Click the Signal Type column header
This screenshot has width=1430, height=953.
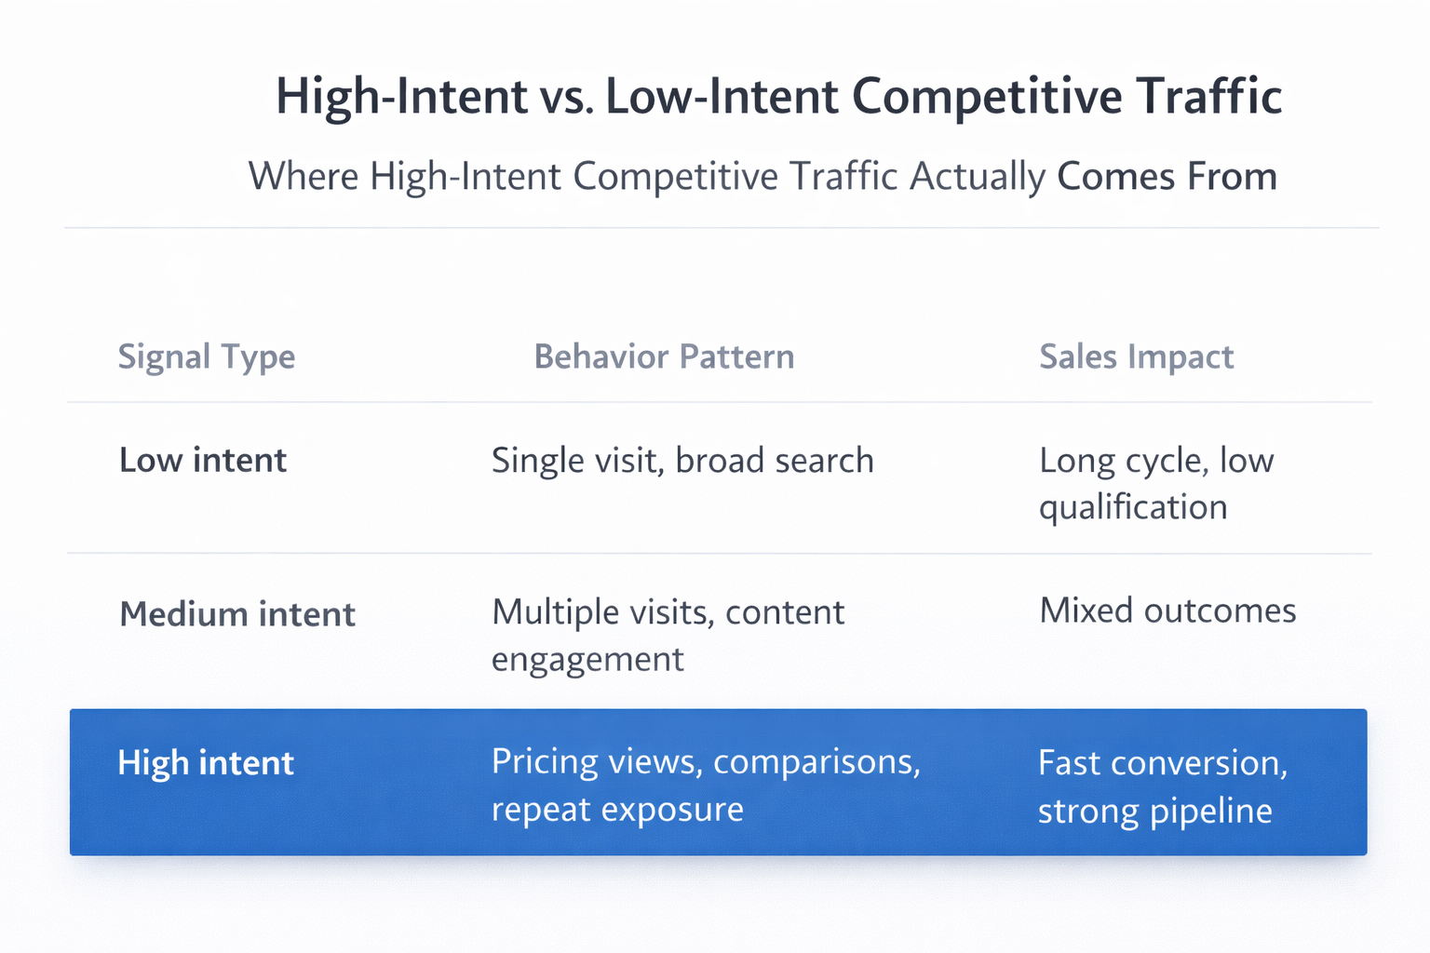coord(206,357)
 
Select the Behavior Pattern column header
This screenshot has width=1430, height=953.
coord(664,357)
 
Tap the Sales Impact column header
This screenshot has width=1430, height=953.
coord(1136,357)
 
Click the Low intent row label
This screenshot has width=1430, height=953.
coord(203,461)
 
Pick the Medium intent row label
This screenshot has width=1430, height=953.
coord(237,614)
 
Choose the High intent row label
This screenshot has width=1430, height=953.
coord(206,763)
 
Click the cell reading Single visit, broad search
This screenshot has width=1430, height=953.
coord(682,461)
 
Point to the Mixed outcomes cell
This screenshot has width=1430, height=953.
coord(1167,611)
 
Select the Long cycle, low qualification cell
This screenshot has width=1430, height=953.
coord(1155,484)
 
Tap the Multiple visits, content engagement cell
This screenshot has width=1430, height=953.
coord(668,636)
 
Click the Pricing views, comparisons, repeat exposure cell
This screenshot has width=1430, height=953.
coord(706,785)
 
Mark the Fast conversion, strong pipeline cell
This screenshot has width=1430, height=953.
coord(1163,786)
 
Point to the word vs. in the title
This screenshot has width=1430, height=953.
coord(566,97)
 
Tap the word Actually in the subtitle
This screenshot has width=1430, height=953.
coord(978,177)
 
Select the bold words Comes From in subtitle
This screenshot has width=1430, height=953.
coord(1167,177)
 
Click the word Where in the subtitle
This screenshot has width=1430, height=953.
coord(303,177)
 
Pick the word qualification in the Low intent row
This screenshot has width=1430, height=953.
coord(1133,508)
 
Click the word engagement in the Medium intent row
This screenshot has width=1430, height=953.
coord(587,660)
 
